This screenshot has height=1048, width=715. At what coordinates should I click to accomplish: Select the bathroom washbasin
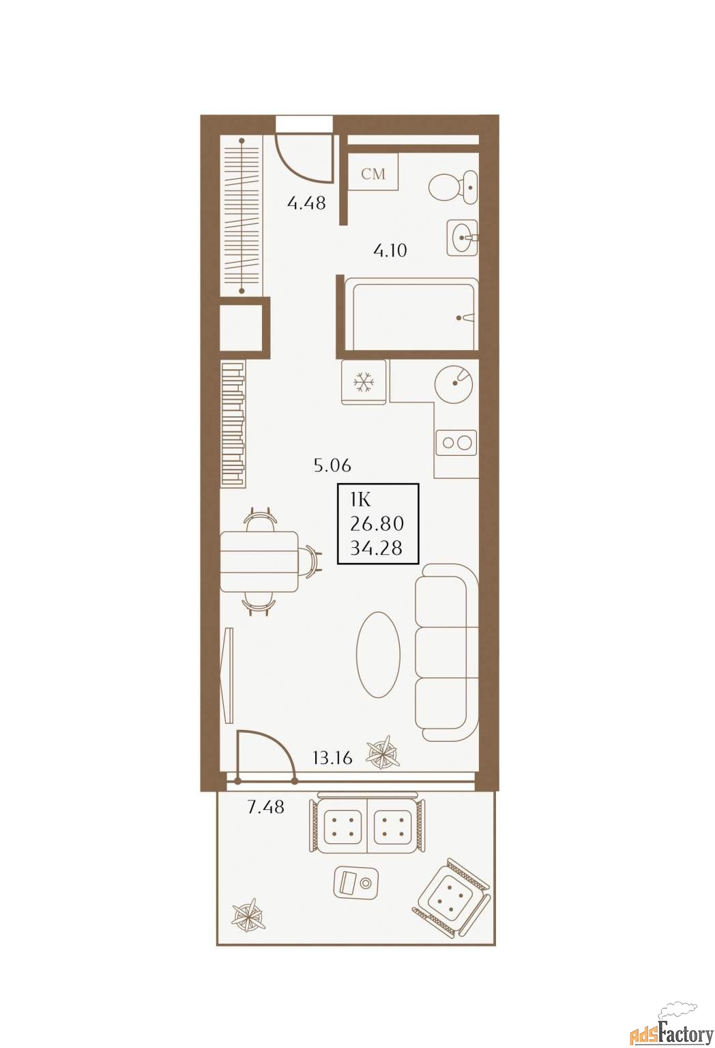click(x=463, y=237)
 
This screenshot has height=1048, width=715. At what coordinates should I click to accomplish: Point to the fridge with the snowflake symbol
click(x=364, y=382)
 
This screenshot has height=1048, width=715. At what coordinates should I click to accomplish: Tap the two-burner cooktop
click(x=456, y=443)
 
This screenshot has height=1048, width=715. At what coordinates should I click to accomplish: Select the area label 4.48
click(x=306, y=203)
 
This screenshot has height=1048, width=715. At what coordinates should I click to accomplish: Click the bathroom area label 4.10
click(x=390, y=251)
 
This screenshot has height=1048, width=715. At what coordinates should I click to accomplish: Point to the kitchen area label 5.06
click(x=332, y=465)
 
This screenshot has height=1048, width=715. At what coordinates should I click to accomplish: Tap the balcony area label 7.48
click(x=265, y=807)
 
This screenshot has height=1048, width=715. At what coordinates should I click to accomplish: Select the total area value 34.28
click(x=376, y=548)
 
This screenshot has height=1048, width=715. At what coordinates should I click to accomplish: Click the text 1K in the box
click(x=360, y=500)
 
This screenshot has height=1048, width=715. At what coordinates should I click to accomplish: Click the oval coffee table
click(x=378, y=656)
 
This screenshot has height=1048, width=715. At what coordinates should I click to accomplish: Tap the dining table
click(x=259, y=562)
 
